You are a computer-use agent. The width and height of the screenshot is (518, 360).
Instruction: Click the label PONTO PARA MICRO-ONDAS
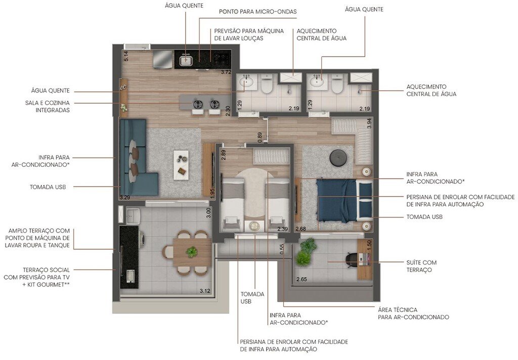point(257,11)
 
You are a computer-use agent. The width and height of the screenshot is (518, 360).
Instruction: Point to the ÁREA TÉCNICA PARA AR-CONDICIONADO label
point(413,313)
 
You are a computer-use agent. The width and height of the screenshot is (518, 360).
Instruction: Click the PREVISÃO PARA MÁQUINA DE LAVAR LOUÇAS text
point(249,34)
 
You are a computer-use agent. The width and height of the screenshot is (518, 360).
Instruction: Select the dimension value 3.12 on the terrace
point(205,291)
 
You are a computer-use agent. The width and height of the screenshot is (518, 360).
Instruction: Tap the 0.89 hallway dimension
point(260,138)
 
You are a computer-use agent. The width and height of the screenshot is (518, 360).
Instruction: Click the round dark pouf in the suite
point(337,158)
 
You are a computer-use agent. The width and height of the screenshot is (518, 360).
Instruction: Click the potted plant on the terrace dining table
point(192,251)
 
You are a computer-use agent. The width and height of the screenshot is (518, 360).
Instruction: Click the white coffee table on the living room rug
point(181,164)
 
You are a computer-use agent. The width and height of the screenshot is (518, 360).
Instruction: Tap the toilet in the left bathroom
point(268,86)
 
